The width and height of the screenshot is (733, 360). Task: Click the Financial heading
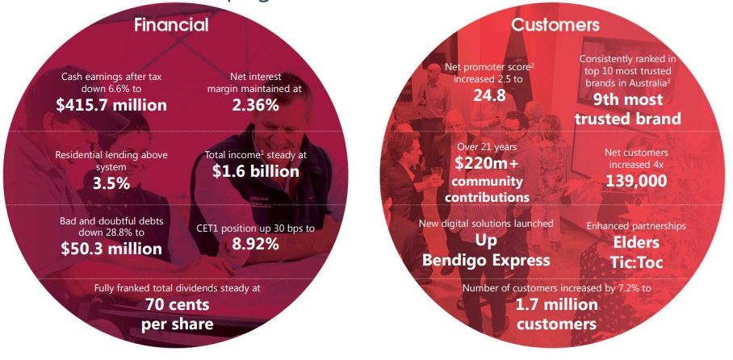(171, 25)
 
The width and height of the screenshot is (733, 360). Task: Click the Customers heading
(555, 25)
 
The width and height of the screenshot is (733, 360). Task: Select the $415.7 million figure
(111, 105)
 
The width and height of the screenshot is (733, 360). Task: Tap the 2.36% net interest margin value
(255, 105)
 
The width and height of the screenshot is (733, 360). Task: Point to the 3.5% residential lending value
(111, 183)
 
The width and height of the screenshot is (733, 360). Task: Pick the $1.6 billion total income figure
(256, 171)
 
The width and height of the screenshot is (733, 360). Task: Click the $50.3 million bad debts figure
(111, 249)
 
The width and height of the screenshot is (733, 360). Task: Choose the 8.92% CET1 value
(255, 244)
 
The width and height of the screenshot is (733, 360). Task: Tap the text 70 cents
(177, 305)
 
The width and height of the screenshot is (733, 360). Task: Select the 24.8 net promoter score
(489, 95)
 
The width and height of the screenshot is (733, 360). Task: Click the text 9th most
(628, 99)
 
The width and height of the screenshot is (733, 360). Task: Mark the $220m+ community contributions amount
(487, 163)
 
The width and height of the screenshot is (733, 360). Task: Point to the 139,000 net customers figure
(636, 181)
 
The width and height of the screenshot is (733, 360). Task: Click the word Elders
(636, 242)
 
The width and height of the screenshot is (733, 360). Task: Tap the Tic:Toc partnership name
(636, 262)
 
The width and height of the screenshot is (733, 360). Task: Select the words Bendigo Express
(486, 260)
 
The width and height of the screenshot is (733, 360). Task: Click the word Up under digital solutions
(486, 241)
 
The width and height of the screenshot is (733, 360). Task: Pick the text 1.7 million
(556, 305)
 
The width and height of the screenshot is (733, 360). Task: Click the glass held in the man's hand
(437, 172)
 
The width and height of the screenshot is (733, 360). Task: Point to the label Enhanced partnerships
(636, 226)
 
